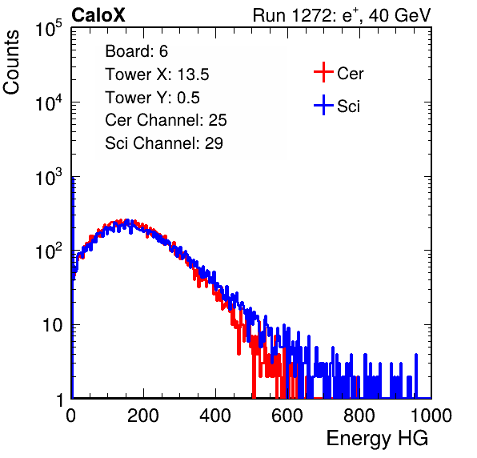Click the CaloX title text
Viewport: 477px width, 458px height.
pos(98,15)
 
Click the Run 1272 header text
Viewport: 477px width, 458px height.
pos(342,15)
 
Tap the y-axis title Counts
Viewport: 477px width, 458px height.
pos(11,62)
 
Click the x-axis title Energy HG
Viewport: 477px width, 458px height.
pos(377,439)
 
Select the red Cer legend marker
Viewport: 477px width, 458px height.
pos(323,72)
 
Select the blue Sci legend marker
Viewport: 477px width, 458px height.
pos(323,105)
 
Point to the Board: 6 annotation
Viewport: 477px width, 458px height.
pos(136,51)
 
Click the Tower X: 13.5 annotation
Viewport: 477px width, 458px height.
pos(157,74)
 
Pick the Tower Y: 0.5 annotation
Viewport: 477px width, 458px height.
pos(152,98)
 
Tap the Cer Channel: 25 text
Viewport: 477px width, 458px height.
pos(166,120)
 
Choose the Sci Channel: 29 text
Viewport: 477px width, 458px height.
pos(164,143)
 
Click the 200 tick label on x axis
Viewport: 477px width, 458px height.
pos(143,416)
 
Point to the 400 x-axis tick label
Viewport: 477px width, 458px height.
pos(215,416)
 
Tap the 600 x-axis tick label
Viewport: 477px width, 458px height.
pos(287,416)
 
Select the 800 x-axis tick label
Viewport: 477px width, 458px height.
pos(359,416)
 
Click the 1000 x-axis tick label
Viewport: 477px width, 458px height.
pos(431,416)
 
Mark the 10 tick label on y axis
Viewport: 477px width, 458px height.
pos(53,325)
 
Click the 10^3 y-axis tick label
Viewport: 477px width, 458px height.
pos(49,177)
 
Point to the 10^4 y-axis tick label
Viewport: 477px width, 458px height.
pos(49,102)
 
